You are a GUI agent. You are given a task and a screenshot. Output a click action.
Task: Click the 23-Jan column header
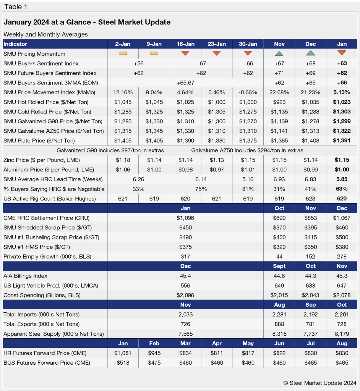point(217,44)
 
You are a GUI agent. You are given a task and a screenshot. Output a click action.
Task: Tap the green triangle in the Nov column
point(279,53)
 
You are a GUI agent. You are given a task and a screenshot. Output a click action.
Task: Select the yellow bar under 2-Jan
point(123,53)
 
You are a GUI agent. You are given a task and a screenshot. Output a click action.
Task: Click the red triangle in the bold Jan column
point(342,53)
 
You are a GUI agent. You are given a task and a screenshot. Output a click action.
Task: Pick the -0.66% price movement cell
point(248,92)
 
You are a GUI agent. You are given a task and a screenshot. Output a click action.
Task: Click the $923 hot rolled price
point(279,102)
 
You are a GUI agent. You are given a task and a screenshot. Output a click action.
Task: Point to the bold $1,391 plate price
point(342,141)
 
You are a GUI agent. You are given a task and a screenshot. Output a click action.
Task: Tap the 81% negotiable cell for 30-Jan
point(248,189)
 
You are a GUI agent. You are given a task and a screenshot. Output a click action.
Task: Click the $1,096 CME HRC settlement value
point(185,218)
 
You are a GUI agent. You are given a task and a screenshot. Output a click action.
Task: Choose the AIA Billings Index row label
point(25,276)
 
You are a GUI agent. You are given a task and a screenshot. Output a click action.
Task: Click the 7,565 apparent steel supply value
point(185,334)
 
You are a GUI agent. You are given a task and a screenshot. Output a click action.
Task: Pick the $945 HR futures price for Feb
point(154,353)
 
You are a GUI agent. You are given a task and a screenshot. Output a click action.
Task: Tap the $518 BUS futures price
point(123,363)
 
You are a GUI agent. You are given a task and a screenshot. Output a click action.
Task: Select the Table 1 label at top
point(16,7)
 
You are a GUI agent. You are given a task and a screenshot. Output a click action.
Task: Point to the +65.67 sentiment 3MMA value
point(185,82)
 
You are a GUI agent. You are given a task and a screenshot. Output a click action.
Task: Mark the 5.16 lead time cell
point(248,179)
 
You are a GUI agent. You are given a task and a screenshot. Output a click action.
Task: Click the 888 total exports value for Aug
point(279,324)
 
